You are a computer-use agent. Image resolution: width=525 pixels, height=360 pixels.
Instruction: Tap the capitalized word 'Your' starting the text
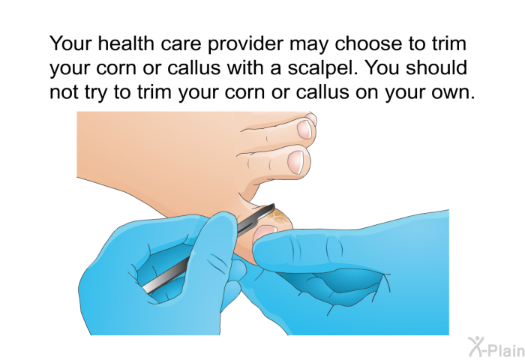click(x=70, y=42)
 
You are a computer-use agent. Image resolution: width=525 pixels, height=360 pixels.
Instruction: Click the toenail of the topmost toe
click(x=305, y=128)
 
